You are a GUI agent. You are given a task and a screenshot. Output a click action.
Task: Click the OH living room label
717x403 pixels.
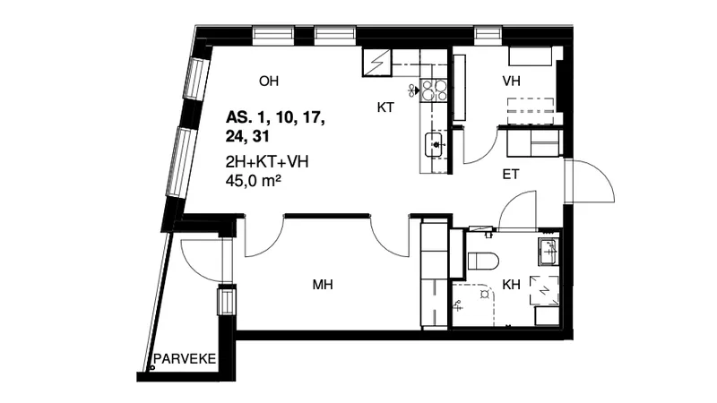click(268, 81)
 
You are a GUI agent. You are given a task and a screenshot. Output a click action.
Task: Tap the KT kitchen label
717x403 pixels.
click(385, 107)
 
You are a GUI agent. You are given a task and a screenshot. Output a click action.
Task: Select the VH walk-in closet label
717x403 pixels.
click(511, 81)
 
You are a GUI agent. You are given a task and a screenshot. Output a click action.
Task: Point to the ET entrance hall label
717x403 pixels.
click(511, 174)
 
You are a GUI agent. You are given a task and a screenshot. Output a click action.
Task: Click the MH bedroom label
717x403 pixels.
click(323, 285)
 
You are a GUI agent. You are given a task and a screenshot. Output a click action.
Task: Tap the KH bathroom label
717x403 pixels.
click(511, 285)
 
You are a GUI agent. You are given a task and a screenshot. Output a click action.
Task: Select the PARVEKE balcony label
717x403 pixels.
click(185, 359)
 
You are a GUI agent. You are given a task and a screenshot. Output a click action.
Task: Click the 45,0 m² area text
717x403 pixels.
click(253, 182)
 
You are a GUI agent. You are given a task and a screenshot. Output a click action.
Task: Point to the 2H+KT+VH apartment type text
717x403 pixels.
click(267, 162)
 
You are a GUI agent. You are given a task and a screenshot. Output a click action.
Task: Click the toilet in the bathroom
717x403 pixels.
click(483, 261)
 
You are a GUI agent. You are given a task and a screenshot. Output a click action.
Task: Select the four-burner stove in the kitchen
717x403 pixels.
click(434, 90)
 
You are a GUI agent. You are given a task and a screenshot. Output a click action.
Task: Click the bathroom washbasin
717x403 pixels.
click(549, 252)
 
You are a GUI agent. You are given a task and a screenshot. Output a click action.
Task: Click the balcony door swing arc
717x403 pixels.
click(192, 265)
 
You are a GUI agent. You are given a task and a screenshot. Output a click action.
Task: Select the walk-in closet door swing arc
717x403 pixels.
click(485, 153)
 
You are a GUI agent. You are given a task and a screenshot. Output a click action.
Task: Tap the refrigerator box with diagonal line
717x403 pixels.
click(377, 63)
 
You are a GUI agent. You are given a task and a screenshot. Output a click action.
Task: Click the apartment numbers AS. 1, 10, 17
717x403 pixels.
click(275, 118)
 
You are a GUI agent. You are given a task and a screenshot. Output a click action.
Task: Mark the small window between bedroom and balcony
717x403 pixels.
click(227, 300)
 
